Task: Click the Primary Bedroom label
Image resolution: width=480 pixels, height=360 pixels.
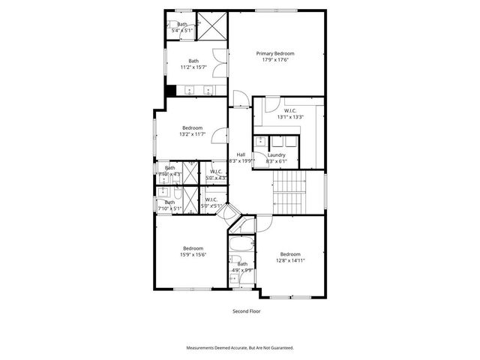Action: click(274, 53)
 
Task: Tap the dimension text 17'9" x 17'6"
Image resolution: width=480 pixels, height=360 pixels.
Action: click(274, 60)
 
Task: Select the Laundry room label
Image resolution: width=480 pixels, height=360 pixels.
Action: click(276, 154)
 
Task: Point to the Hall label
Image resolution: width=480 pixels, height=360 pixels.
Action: click(241, 154)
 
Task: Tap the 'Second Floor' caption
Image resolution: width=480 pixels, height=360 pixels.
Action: click(240, 310)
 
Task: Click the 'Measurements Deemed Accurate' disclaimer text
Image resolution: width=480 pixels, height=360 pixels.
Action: click(240, 348)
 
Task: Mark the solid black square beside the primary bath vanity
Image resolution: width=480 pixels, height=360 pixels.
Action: click(171, 91)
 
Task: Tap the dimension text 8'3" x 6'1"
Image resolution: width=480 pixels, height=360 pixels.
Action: click(276, 161)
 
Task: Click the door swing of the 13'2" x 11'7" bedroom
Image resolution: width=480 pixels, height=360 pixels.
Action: click(220, 134)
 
